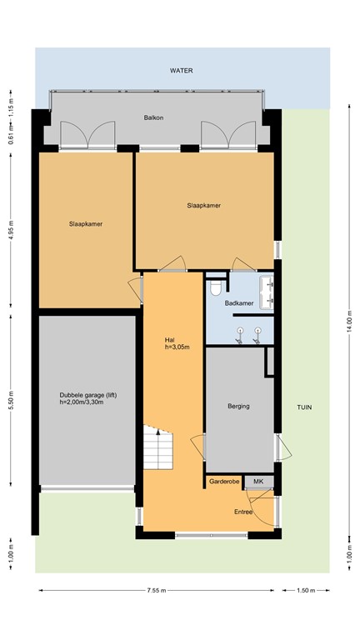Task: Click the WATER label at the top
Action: (x=182, y=71)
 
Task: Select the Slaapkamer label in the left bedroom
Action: (x=85, y=223)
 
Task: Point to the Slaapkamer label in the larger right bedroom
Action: (x=203, y=205)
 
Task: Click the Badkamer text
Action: (x=238, y=302)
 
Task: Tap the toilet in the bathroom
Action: (x=216, y=288)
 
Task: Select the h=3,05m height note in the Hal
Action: (x=173, y=347)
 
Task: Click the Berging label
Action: (x=238, y=407)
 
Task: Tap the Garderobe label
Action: (x=224, y=482)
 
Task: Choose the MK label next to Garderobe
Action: (x=258, y=482)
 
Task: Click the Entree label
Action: (x=242, y=512)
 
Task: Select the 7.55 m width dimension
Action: (x=156, y=591)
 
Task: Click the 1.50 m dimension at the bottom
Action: (x=307, y=591)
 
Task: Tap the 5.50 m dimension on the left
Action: (x=11, y=401)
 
